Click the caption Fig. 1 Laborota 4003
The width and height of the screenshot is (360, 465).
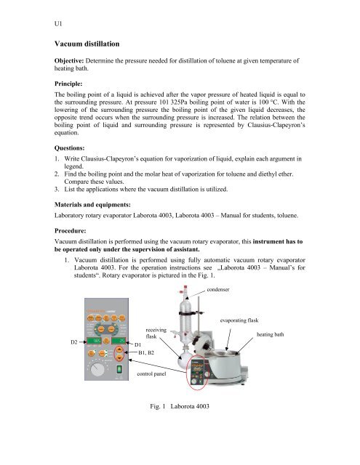(x=172, y=425)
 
